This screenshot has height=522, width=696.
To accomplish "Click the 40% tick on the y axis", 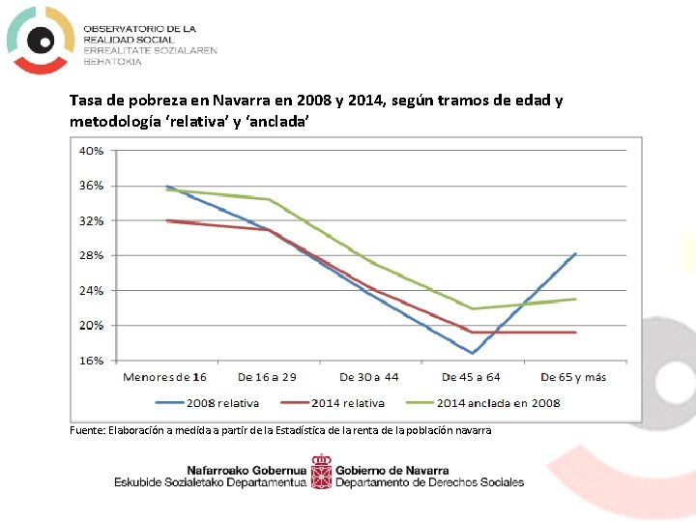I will tap(92, 151).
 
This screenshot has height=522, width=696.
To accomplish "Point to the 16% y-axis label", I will tap(92, 361).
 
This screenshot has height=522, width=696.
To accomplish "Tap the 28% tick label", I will tap(92, 255).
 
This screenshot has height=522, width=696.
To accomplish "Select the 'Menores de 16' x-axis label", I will tap(164, 377).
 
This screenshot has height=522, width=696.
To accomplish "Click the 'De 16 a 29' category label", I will tap(267, 377).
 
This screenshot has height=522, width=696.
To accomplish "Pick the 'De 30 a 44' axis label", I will tap(369, 377).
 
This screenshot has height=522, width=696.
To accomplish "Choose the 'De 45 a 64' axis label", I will tap(471, 377).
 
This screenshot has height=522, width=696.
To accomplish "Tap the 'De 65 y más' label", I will tap(573, 377).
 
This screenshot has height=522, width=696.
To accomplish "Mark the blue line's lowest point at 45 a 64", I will tap(472, 353).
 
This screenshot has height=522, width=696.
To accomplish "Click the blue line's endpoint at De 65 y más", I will tap(575, 254).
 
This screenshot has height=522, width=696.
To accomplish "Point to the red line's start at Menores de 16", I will tap(167, 220).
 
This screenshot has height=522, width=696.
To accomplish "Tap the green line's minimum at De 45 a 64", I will tap(472, 308).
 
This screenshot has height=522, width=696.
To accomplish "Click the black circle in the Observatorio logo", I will tap(40, 40).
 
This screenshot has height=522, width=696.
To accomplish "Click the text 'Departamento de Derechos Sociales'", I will tap(430, 482).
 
